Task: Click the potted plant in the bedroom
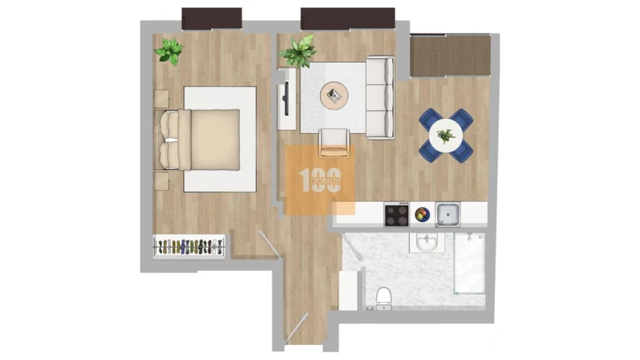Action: (x=169, y=51)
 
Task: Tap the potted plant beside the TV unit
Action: (x=298, y=52)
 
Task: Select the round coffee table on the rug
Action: (x=334, y=95)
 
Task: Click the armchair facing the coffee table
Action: (x=334, y=142)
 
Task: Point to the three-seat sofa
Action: (x=380, y=97)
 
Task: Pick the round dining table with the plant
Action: (x=446, y=134)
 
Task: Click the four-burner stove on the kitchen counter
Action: (x=397, y=214)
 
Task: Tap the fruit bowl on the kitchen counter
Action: (x=422, y=214)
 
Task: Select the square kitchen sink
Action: (x=447, y=213)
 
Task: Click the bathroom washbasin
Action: (x=426, y=244)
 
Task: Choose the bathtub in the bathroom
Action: (x=469, y=263)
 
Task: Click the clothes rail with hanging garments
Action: (x=190, y=247)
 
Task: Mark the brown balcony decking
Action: (x=451, y=55)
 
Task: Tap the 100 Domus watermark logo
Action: (x=320, y=180)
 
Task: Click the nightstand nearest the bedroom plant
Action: (x=162, y=98)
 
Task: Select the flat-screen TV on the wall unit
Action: (x=285, y=99)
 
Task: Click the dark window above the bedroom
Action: (x=212, y=18)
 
